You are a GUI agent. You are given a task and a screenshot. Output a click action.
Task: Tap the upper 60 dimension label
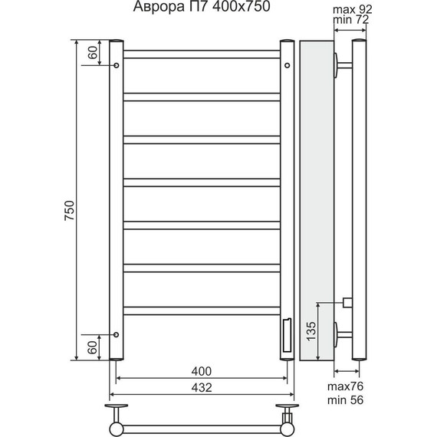click(93, 52)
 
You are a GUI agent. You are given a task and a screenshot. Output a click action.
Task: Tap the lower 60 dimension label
click(93, 347)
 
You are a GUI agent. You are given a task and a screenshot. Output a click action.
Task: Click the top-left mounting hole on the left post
click(117, 66)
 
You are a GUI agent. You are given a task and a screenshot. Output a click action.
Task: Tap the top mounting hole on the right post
click(287, 66)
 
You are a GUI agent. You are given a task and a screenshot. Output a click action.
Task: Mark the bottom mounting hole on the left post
click(117, 334)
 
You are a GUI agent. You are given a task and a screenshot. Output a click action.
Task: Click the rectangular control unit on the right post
click(287, 335)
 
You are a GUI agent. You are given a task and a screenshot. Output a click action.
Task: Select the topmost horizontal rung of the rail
click(202, 54)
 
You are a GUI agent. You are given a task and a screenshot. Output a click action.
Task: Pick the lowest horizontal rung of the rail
click(202, 310)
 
